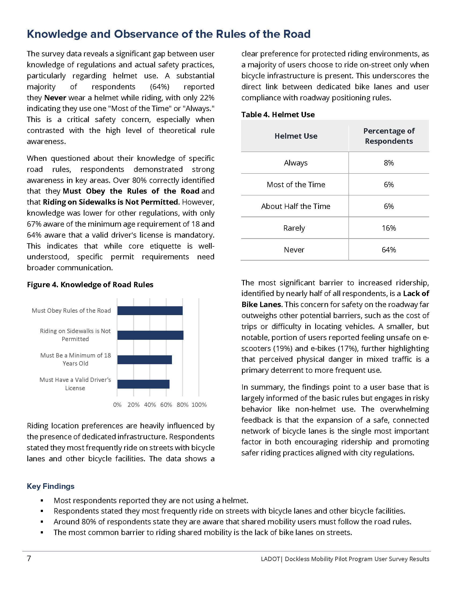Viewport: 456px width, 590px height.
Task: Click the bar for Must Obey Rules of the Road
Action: point(150,311)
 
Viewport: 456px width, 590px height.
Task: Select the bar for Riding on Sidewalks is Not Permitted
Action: point(150,335)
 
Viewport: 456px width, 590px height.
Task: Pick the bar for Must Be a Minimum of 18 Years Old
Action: point(145,360)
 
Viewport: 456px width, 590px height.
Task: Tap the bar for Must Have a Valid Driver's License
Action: point(144,384)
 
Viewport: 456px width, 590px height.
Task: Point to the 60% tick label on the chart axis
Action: point(166,405)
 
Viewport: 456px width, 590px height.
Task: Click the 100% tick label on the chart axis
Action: point(199,405)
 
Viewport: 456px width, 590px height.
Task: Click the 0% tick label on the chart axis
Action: point(117,405)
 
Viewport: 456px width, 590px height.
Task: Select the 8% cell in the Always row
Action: point(389,163)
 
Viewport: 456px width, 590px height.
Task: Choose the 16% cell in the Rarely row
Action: point(389,228)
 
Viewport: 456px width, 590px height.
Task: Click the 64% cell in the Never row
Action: point(389,250)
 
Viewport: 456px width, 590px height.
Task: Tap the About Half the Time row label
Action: point(296,206)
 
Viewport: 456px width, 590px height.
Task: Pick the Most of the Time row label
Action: point(296,185)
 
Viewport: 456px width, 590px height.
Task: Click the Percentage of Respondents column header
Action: point(389,136)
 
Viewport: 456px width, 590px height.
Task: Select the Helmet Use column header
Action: point(296,136)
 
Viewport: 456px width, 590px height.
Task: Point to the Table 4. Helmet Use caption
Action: point(278,115)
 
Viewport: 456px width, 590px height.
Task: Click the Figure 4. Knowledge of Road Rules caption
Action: point(90,285)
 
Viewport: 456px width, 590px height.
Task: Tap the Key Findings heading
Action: point(50,486)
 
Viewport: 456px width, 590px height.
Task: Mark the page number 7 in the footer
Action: point(29,559)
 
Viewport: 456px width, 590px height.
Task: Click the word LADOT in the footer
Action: point(270,559)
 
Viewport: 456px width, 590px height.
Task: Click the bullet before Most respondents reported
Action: point(42,501)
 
